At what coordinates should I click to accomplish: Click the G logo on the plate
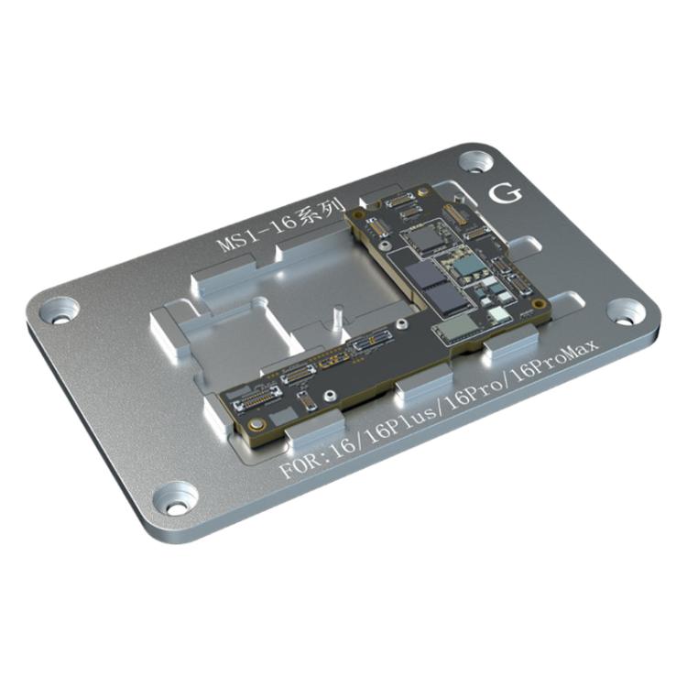pyautogui.click(x=506, y=194)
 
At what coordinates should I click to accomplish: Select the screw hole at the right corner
pyautogui.click(x=625, y=311)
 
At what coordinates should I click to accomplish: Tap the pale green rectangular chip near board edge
pyautogui.click(x=455, y=328)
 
